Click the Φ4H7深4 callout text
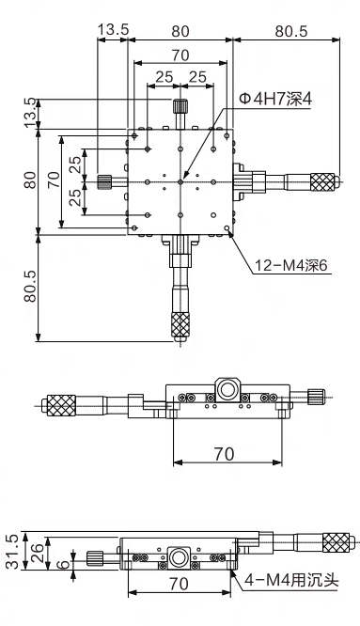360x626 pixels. (x=275, y=99)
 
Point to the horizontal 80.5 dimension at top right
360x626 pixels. (x=291, y=31)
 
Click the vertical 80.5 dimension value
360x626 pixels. (x=31, y=286)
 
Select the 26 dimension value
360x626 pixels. (x=37, y=553)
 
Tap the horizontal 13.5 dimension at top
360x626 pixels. (x=114, y=29)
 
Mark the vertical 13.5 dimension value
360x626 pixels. (x=31, y=113)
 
